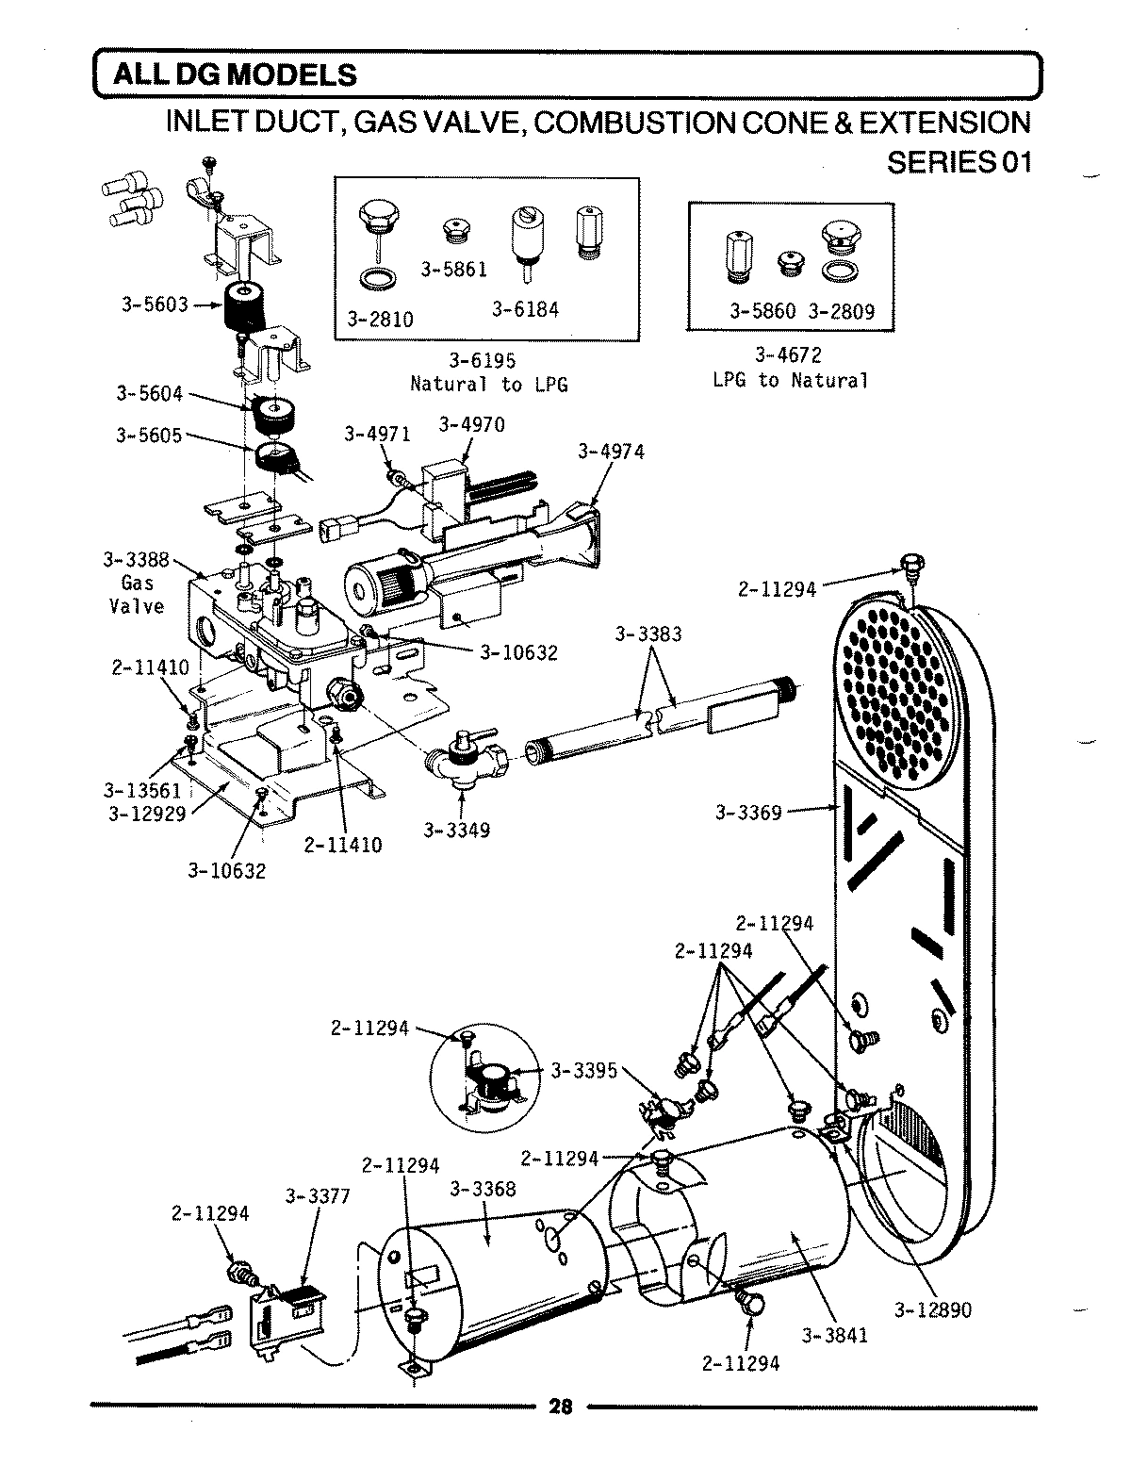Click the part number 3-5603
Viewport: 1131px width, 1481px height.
(x=156, y=304)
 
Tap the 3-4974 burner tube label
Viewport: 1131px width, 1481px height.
(x=611, y=453)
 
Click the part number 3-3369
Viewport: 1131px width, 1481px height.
(x=748, y=812)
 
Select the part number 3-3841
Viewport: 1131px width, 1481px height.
(x=835, y=1334)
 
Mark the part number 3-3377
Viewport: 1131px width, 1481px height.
(x=318, y=1196)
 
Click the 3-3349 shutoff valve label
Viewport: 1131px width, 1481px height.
(x=456, y=831)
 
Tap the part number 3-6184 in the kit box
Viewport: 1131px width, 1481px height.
(x=525, y=310)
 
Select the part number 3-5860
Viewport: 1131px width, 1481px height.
(x=763, y=311)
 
